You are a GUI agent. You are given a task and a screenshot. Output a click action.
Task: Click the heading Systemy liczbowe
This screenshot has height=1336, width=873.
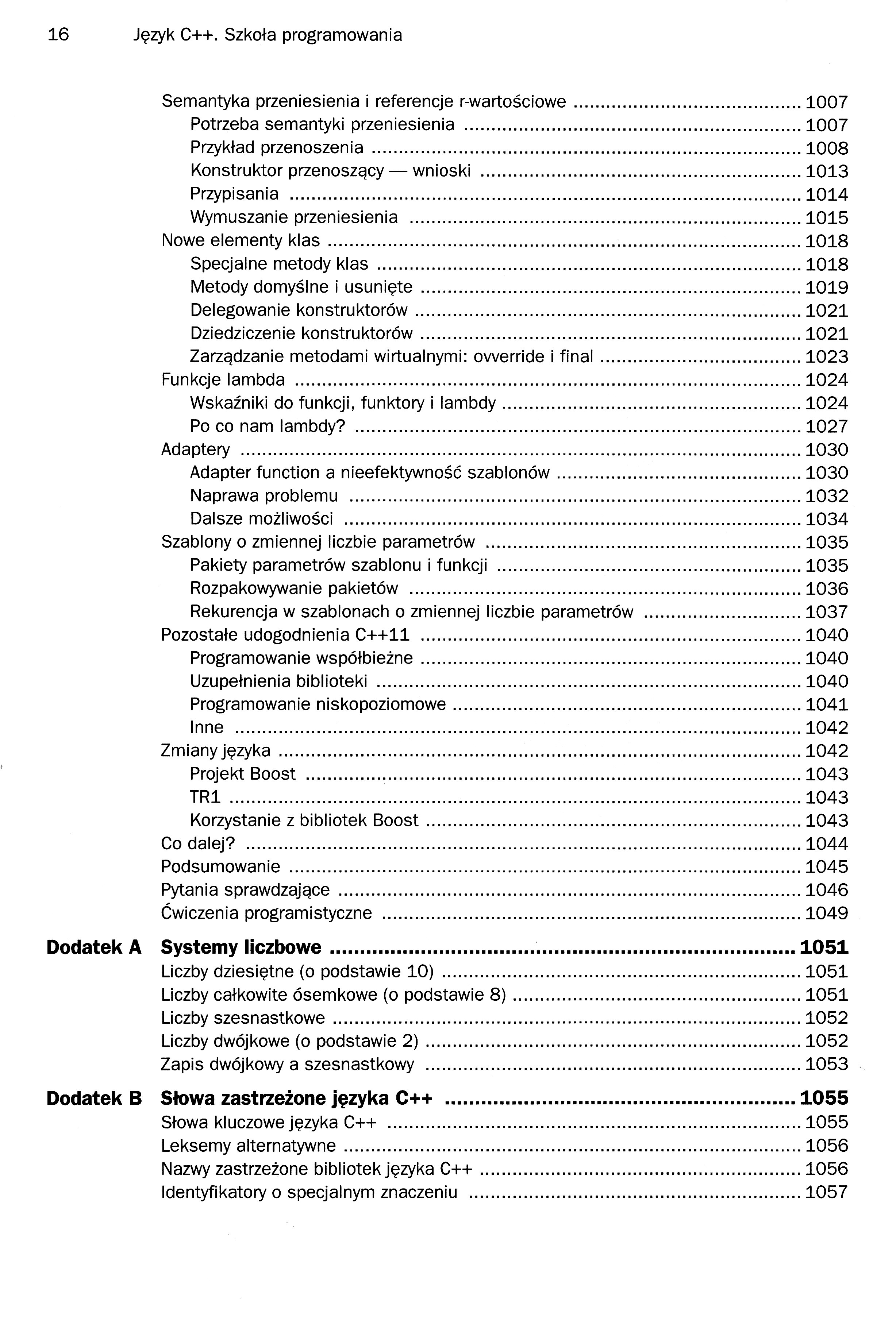click(x=241, y=947)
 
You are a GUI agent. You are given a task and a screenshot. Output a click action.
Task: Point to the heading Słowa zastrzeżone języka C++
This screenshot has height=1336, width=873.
click(x=296, y=1098)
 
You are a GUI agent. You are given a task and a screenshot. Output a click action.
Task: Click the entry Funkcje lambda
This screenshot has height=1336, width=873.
click(x=223, y=380)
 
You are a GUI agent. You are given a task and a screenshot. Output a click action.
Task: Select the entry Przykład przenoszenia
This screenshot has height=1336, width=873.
click(x=277, y=148)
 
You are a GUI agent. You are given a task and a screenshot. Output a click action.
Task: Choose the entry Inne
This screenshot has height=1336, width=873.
click(x=207, y=727)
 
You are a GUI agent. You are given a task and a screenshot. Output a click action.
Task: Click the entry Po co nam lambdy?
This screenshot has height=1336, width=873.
click(x=267, y=426)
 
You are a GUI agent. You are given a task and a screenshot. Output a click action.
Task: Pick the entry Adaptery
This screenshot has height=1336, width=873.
click(x=195, y=449)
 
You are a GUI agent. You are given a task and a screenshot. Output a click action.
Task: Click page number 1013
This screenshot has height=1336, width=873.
click(x=826, y=171)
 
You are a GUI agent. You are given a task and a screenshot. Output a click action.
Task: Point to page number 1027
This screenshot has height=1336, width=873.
click(x=826, y=426)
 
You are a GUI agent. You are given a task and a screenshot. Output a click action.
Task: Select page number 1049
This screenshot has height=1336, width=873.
click(x=826, y=913)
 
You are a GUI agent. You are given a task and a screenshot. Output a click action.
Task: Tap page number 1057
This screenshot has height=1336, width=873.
click(x=826, y=1192)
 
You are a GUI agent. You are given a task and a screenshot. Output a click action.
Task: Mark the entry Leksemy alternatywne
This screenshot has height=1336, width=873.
click(x=248, y=1146)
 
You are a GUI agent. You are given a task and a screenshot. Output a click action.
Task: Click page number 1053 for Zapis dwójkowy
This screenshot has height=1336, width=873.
click(x=826, y=1064)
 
